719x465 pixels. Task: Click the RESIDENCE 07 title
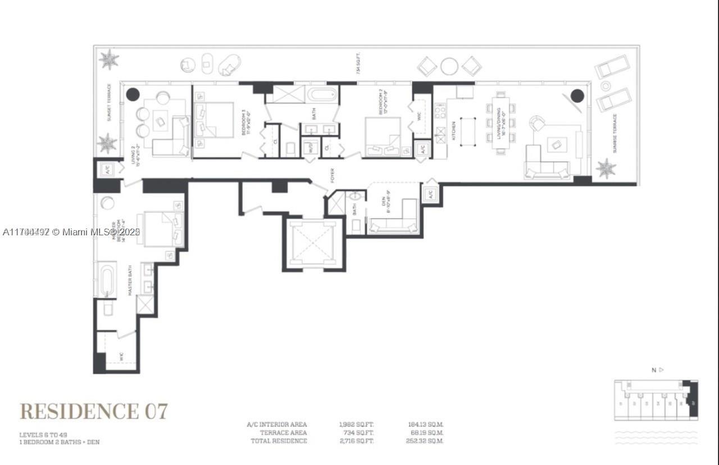94,411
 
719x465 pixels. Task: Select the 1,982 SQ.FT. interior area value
356,425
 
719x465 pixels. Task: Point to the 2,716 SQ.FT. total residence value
356,441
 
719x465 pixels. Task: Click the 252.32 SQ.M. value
425,441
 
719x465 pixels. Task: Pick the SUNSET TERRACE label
109,103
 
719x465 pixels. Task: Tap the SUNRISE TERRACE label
615,134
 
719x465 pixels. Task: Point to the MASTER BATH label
129,281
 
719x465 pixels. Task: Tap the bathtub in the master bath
107,280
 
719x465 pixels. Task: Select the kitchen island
468,131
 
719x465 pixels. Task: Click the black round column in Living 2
133,94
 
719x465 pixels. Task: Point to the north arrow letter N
653,370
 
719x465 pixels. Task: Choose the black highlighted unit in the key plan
691,400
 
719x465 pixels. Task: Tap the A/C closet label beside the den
430,195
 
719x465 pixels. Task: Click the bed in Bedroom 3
214,120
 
